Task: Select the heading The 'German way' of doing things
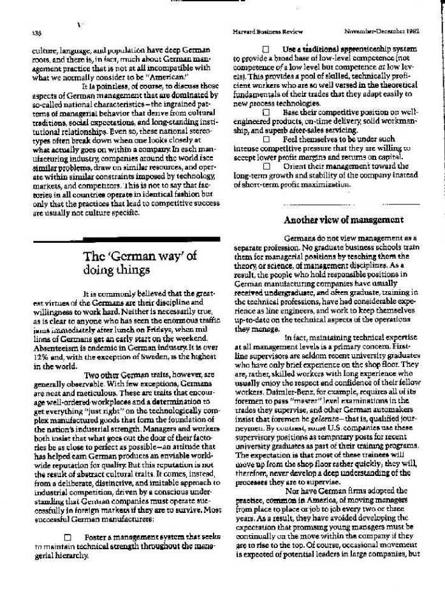pyautogui.click(x=140, y=262)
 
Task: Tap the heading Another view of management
pyautogui.click(x=343, y=220)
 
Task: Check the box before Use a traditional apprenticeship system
pyautogui.click(x=266, y=49)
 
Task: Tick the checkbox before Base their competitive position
pyautogui.click(x=266, y=111)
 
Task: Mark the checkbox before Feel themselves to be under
pyautogui.click(x=266, y=138)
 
